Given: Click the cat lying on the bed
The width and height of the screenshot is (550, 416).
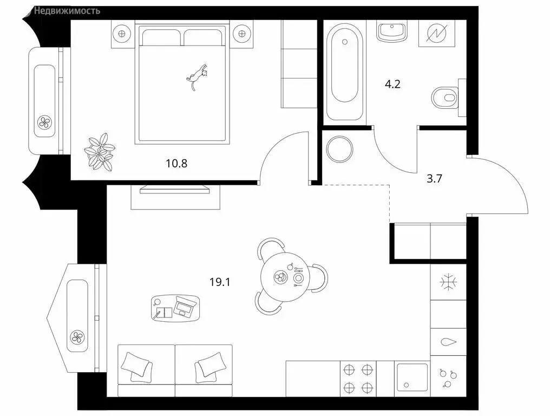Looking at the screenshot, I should [198, 76].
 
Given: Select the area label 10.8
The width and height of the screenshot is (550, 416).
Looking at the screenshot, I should [176, 162].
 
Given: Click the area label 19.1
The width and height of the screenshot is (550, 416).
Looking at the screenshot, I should [220, 281].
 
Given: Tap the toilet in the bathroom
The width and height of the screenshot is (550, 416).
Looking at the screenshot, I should [445, 98].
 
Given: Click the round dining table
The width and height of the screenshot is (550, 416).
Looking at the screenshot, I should [285, 277].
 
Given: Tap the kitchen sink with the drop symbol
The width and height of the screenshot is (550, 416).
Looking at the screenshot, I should [448, 342].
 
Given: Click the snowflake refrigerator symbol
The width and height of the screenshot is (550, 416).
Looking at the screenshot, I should [448, 283].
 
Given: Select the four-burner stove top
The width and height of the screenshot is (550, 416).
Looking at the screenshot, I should [358, 378].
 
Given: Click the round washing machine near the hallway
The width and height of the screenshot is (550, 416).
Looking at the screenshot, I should [341, 148].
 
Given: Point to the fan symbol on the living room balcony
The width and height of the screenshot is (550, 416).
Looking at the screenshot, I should [77, 339].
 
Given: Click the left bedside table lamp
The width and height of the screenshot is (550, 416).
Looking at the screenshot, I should [121, 33].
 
